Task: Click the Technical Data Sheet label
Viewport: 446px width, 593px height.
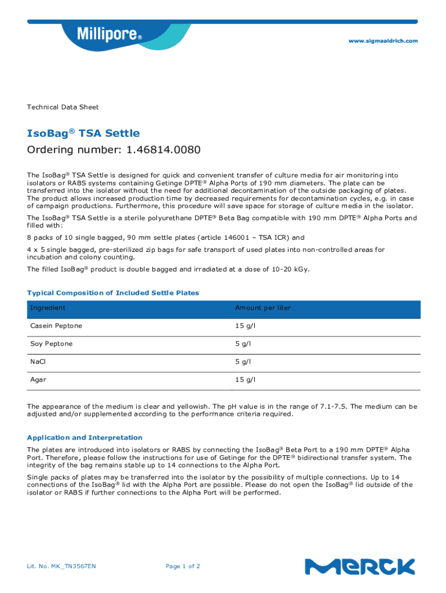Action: pyautogui.click(x=63, y=107)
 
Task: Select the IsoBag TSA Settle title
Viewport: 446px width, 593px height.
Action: pyautogui.click(x=83, y=133)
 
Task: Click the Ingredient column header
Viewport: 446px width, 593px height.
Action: pyautogui.click(x=48, y=308)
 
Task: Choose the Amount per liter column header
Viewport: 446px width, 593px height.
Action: pyautogui.click(x=262, y=308)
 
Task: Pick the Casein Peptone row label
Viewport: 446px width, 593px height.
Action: pyautogui.click(x=56, y=326)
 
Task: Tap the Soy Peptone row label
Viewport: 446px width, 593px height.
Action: pyautogui.click(x=52, y=344)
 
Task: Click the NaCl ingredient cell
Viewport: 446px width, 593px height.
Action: pyautogui.click(x=38, y=362)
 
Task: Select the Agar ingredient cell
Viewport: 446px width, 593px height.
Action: pyautogui.click(x=38, y=380)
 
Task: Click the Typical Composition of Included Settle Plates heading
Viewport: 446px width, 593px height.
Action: pyautogui.click(x=113, y=293)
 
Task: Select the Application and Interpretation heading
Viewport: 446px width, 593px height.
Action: pyautogui.click(x=85, y=438)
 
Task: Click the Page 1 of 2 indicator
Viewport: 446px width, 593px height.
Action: pyautogui.click(x=183, y=566)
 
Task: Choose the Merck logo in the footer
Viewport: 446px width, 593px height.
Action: pyautogui.click(x=360, y=566)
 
